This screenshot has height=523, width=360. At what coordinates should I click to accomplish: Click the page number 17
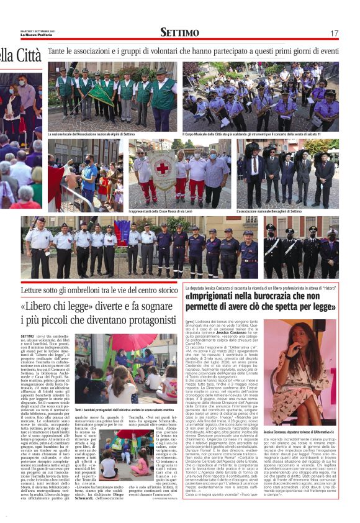[334, 33]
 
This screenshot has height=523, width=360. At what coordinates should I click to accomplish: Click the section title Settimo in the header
[179, 32]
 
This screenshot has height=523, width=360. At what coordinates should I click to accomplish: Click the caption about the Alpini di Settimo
[91, 134]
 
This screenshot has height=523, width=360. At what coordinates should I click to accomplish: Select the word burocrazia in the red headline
[281, 297]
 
